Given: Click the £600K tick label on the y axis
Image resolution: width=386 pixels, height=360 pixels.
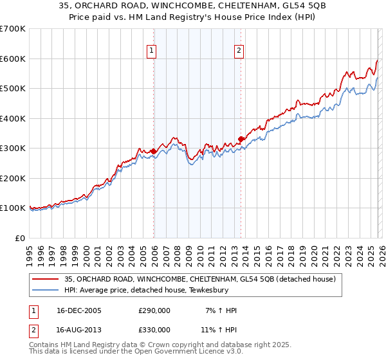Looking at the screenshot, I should pyautogui.click(x=12, y=59).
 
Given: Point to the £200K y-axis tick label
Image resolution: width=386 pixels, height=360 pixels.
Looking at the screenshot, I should pyautogui.click(x=12, y=178).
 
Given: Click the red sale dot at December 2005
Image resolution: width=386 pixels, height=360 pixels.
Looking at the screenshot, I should pyautogui.click(x=154, y=151).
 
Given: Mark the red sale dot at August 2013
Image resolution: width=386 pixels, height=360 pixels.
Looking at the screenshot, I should pyautogui.click(x=241, y=139).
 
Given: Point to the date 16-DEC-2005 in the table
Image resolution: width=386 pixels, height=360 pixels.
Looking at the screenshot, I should pyautogui.click(x=75, y=311).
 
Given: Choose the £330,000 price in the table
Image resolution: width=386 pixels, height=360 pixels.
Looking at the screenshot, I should pyautogui.click(x=154, y=330).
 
